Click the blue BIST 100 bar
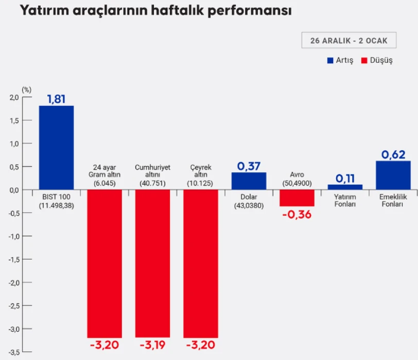pyautogui.click(x=56, y=148)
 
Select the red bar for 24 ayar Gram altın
pyautogui.click(x=104, y=263)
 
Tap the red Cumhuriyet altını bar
pyautogui.click(x=153, y=263)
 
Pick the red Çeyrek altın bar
pyautogui.click(x=201, y=263)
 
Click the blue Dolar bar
pyautogui.click(x=249, y=181)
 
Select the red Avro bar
pyautogui.click(x=297, y=198)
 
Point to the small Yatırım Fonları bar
pyautogui.click(x=345, y=187)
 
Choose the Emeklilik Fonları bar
pyautogui.click(x=393, y=175)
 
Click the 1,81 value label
pyautogui.click(x=56, y=99)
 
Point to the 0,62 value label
pyautogui.click(x=393, y=154)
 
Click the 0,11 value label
pyautogui.click(x=345, y=178)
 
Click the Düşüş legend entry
pyautogui.click(x=377, y=60)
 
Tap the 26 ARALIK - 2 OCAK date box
pyautogui.click(x=349, y=41)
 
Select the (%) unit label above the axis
pyautogui.click(x=26, y=89)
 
